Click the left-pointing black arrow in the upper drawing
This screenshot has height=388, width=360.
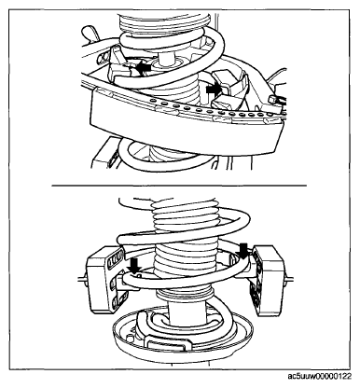coord(144,68)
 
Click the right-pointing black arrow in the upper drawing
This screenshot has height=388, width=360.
coord(214,90)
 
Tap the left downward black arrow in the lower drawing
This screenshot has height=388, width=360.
coord(135,266)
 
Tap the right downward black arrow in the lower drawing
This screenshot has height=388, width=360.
coord(243,251)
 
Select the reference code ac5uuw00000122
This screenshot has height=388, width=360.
coord(320,377)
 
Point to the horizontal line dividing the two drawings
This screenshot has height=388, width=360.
coord(179,186)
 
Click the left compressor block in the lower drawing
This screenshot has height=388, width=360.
coord(104,279)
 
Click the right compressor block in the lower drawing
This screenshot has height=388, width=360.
coord(267,279)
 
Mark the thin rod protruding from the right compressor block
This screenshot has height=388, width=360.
coord(289,279)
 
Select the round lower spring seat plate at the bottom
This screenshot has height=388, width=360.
coord(184,334)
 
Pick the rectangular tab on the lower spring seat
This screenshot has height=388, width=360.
coord(168,344)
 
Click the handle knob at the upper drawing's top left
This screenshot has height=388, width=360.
coord(90,33)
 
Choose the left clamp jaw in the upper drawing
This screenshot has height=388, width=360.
coord(121,66)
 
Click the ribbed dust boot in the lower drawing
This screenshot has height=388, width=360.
coord(186,249)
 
